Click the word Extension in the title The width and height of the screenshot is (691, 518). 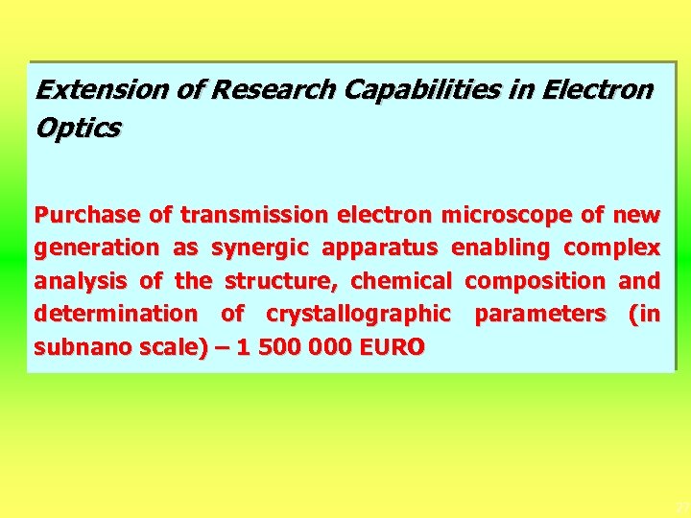pos(91,90)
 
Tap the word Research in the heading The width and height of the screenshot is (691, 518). pos(272,90)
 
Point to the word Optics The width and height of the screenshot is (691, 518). pos(77,129)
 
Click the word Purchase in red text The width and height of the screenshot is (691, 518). pos(87,215)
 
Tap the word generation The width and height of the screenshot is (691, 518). pos(96,247)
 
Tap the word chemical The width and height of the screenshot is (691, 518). pos(401,281)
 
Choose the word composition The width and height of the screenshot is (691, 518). pos(535,281)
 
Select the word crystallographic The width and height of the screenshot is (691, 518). pos(358,314)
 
